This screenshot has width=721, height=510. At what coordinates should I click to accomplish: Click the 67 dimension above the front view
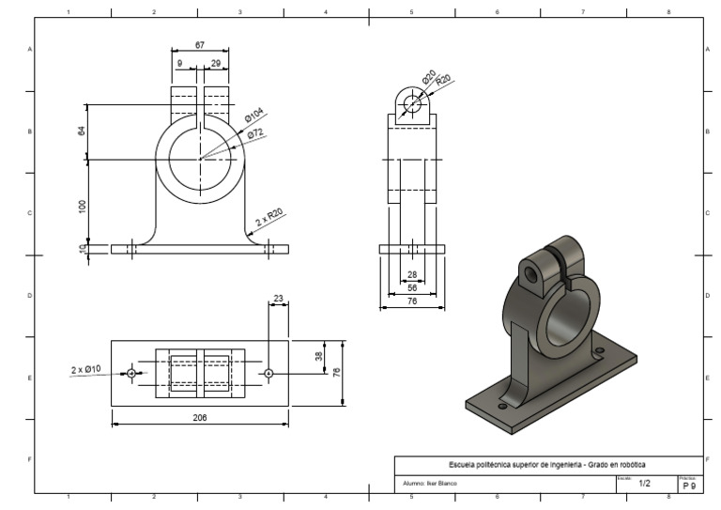[200, 44]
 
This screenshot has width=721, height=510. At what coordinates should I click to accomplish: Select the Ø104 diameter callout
[253, 117]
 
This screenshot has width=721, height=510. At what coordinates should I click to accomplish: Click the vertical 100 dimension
[82, 206]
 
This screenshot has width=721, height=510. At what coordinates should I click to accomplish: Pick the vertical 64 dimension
[82, 131]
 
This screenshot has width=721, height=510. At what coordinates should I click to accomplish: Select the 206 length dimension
[200, 417]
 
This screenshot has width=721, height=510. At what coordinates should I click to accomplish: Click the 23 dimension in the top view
[278, 299]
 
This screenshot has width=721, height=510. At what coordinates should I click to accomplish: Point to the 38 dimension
[318, 356]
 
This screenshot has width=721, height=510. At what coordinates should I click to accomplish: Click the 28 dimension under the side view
[411, 275]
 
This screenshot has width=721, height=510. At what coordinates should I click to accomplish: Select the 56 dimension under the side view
[411, 288]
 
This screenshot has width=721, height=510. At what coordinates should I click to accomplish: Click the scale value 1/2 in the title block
[644, 484]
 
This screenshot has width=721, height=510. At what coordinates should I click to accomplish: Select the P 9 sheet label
[689, 486]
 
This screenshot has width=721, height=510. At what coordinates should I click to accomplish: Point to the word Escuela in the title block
[466, 464]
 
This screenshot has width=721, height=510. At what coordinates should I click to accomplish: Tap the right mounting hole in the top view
[268, 373]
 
